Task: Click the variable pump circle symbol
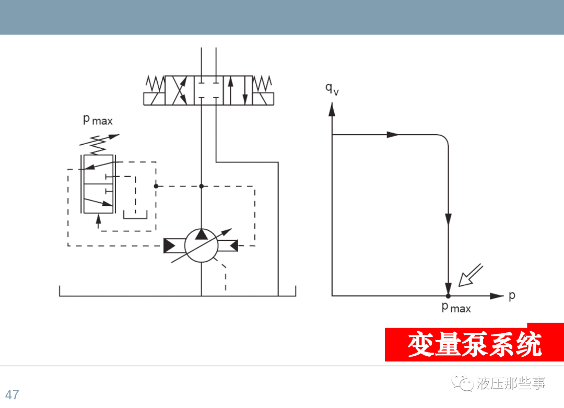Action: (x=201, y=244)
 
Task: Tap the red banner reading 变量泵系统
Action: (x=474, y=345)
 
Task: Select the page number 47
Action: (x=12, y=394)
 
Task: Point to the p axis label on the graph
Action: (x=512, y=295)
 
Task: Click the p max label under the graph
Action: (x=456, y=308)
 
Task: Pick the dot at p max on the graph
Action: (x=448, y=296)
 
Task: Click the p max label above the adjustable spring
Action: (x=98, y=120)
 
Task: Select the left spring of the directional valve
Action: (x=155, y=83)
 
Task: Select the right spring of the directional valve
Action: (x=262, y=83)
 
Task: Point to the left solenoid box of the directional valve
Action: (x=154, y=98)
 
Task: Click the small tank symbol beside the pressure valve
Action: (x=135, y=215)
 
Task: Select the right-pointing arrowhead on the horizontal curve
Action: (x=393, y=135)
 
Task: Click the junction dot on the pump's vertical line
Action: (x=201, y=186)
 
